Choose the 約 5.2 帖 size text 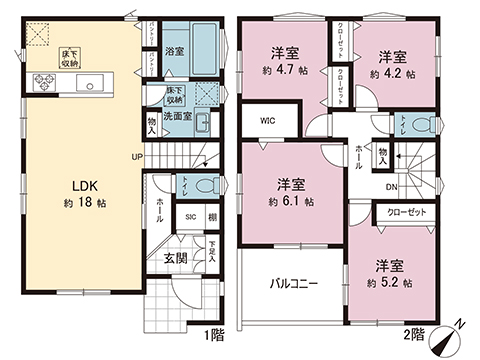pos(394,283)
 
